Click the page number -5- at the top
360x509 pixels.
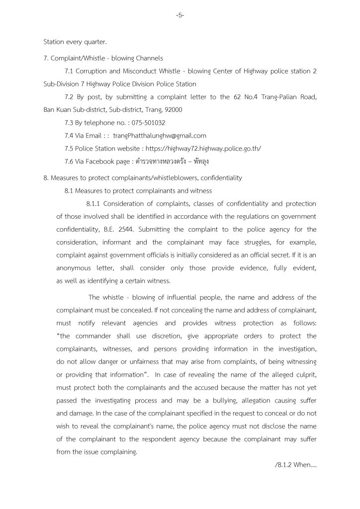click(180, 15)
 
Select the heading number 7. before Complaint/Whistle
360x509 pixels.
click(46, 59)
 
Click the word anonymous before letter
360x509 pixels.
click(74, 267)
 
